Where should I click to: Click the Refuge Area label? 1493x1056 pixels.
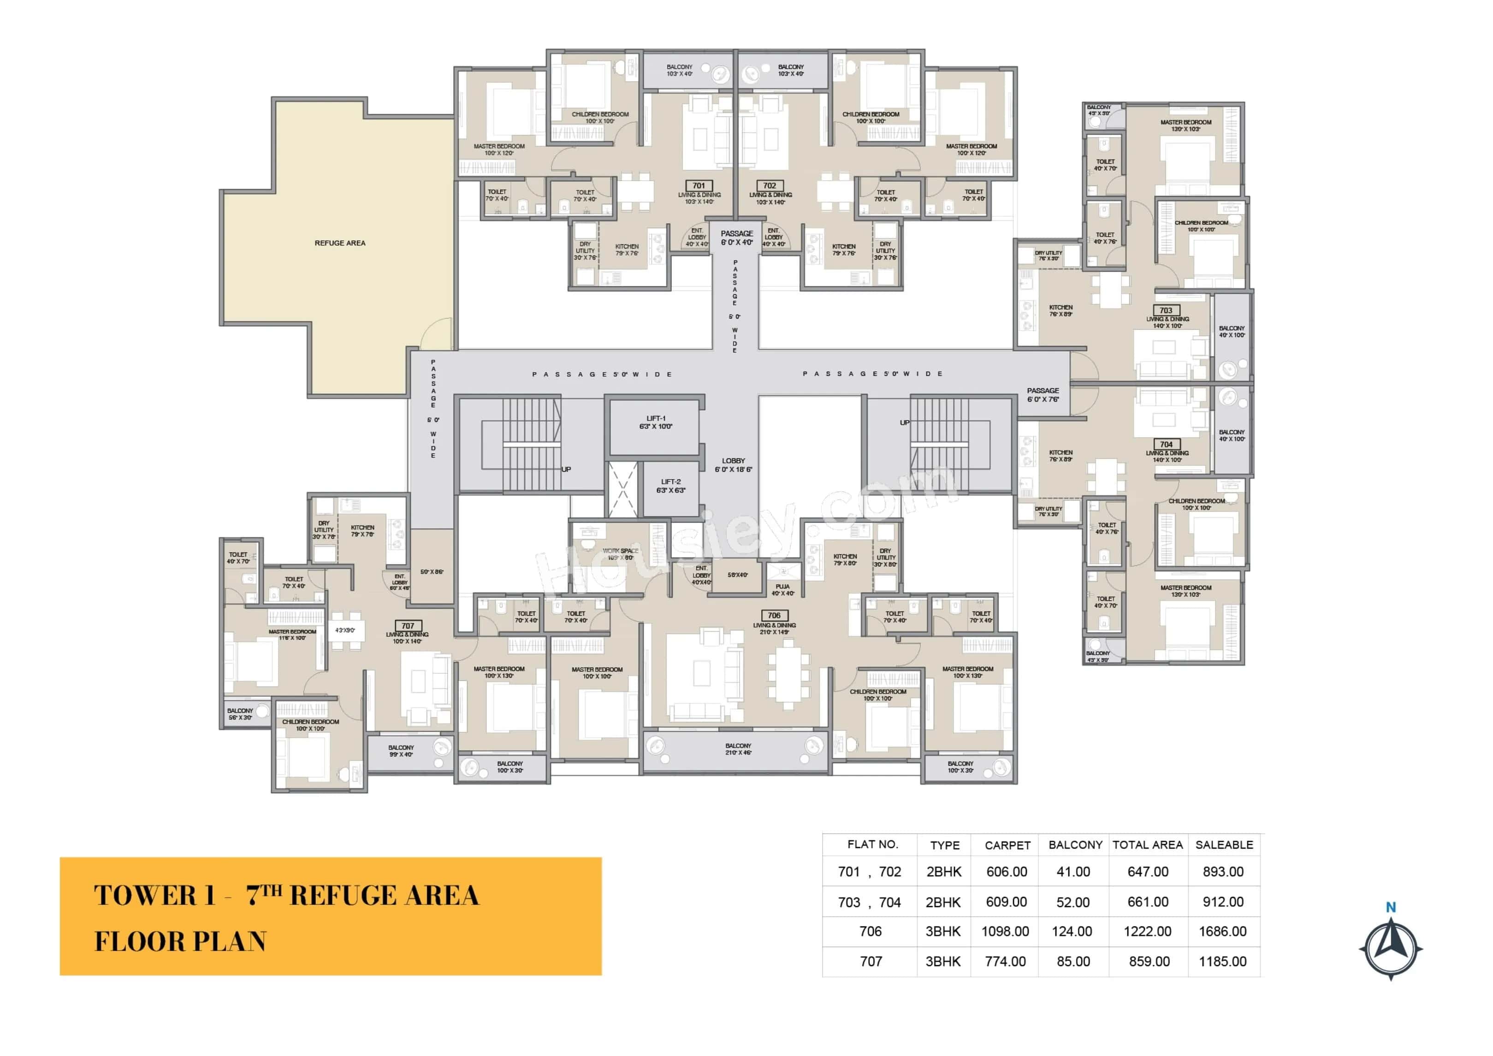pyautogui.click(x=340, y=243)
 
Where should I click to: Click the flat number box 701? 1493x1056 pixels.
pyautogui.click(x=699, y=185)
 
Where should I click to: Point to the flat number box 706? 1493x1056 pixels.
pyautogui.click(x=774, y=615)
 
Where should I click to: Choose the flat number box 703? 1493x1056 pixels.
pyautogui.click(x=1166, y=310)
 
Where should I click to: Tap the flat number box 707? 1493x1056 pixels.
pyautogui.click(x=408, y=626)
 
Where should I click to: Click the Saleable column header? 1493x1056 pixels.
pyautogui.click(x=1224, y=845)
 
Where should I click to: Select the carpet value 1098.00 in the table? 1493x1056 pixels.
pyautogui.click(x=1005, y=931)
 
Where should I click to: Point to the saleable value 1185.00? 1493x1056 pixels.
pyautogui.click(x=1222, y=961)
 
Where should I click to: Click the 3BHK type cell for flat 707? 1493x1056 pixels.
pyautogui.click(x=943, y=961)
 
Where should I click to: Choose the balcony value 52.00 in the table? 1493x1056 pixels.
pyautogui.click(x=1073, y=902)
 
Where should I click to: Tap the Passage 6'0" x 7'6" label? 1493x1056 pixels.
pyautogui.click(x=1043, y=395)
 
